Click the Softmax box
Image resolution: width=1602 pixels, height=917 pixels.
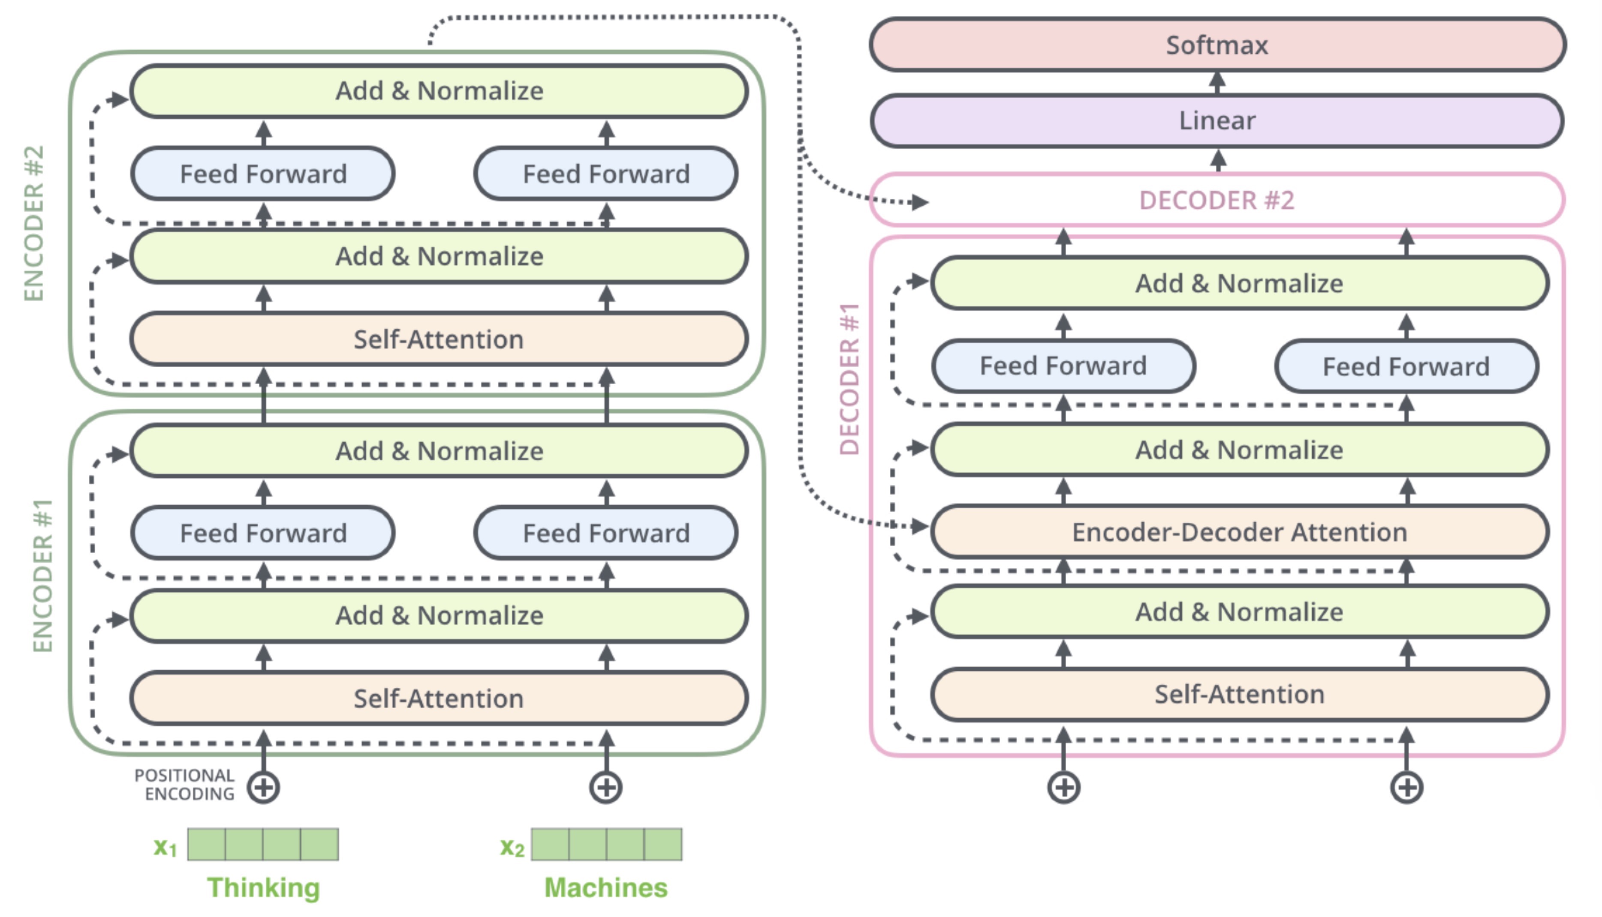coord(1217,45)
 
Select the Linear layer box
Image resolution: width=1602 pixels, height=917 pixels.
coord(1217,120)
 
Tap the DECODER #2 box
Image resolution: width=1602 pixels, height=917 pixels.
coord(1217,200)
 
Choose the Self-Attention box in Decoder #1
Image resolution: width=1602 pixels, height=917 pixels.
coord(1240,694)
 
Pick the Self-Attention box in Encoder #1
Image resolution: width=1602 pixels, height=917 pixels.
coord(439,698)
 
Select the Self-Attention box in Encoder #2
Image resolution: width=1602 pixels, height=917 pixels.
coord(439,339)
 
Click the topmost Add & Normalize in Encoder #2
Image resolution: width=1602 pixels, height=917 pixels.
coord(439,91)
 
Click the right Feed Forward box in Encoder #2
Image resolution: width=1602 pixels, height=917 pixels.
coord(606,174)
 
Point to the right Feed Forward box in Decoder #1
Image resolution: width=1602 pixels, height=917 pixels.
coord(1406,366)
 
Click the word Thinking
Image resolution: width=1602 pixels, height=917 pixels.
coord(263,888)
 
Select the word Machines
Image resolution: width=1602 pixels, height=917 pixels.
coord(606,887)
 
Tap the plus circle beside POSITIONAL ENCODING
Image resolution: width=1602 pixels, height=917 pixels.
coord(263,787)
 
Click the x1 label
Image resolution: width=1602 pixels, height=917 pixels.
coord(165,847)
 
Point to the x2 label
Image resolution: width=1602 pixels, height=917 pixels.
coord(512,848)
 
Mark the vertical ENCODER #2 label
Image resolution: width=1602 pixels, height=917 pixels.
coord(34,224)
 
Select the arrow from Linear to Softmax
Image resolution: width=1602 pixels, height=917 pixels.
coord(1217,83)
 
